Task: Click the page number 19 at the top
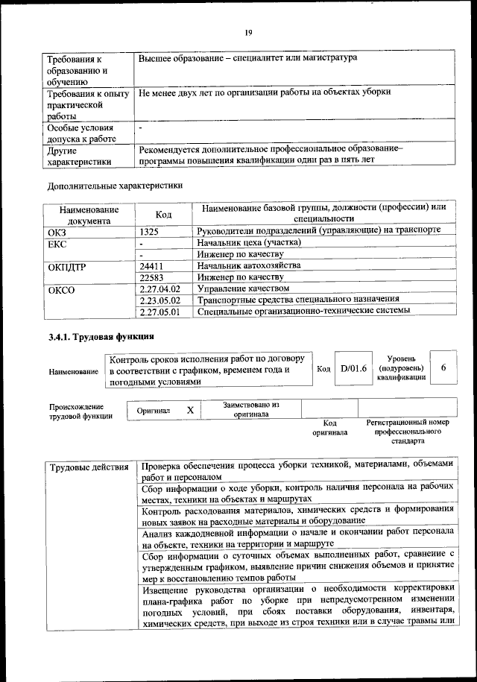click(248, 31)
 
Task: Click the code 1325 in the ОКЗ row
click(149, 232)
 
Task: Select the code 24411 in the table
click(151, 265)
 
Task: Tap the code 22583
click(151, 277)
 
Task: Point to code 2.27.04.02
click(160, 288)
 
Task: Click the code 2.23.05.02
click(160, 300)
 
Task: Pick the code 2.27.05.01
click(160, 312)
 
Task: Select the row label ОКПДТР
click(66, 266)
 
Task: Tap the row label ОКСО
click(61, 289)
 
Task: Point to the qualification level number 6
click(444, 368)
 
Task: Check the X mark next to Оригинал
click(190, 410)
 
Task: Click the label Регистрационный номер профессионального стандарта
click(408, 432)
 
